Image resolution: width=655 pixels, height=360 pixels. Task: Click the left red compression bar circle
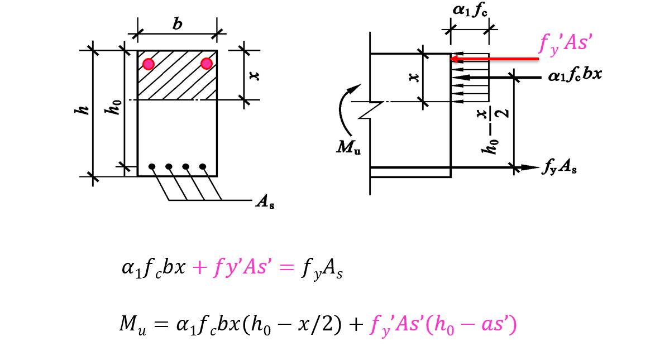point(148,64)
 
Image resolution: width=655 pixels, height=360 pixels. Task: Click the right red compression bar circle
point(207,63)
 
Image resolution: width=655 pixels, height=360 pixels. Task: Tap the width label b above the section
point(178,24)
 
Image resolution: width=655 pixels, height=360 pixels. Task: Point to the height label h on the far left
point(82,111)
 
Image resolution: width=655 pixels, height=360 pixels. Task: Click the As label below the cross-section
point(264,203)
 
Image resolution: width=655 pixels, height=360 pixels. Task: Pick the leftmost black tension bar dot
point(152,166)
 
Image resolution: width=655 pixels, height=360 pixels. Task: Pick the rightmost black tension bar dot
point(203,166)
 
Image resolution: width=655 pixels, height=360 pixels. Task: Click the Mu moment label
point(348,147)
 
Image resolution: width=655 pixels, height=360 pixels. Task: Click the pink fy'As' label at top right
point(565,42)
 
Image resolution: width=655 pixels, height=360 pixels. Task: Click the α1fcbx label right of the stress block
point(575,74)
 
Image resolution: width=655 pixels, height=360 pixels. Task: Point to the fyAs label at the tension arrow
point(558,166)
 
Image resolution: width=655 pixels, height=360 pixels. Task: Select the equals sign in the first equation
point(285,268)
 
